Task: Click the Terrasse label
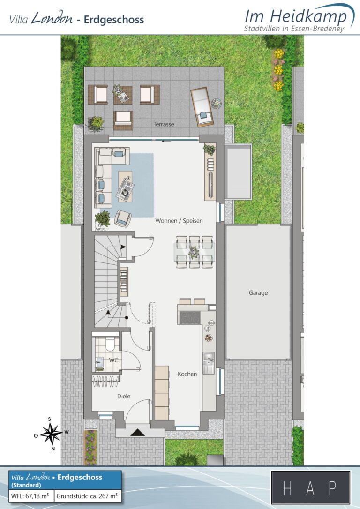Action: click(164, 124)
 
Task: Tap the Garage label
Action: click(258, 293)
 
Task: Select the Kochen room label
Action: click(187, 374)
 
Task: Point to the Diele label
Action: click(124, 396)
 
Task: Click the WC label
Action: click(113, 360)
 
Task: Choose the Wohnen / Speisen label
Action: click(179, 221)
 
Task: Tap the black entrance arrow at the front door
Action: click(138, 432)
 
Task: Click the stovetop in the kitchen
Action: click(189, 318)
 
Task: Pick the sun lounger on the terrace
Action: click(202, 107)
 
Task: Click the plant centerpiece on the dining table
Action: click(194, 252)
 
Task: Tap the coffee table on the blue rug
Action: click(125, 187)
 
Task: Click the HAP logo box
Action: click(311, 487)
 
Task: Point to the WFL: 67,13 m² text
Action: click(30, 496)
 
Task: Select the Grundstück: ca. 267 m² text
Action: click(87, 496)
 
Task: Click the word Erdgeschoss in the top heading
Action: click(113, 20)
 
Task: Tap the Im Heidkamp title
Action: click(296, 16)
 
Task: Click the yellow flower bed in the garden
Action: click(278, 69)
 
